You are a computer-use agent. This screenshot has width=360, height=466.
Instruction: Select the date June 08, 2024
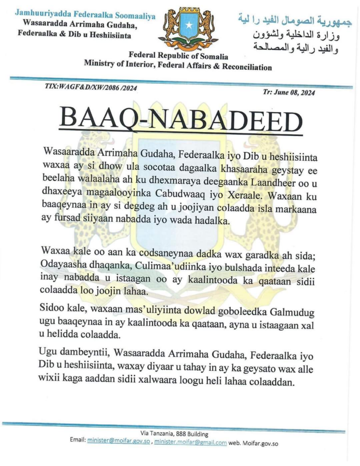tap(289, 91)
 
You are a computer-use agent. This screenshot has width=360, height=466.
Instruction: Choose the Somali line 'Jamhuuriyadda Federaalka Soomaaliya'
tap(85, 15)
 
